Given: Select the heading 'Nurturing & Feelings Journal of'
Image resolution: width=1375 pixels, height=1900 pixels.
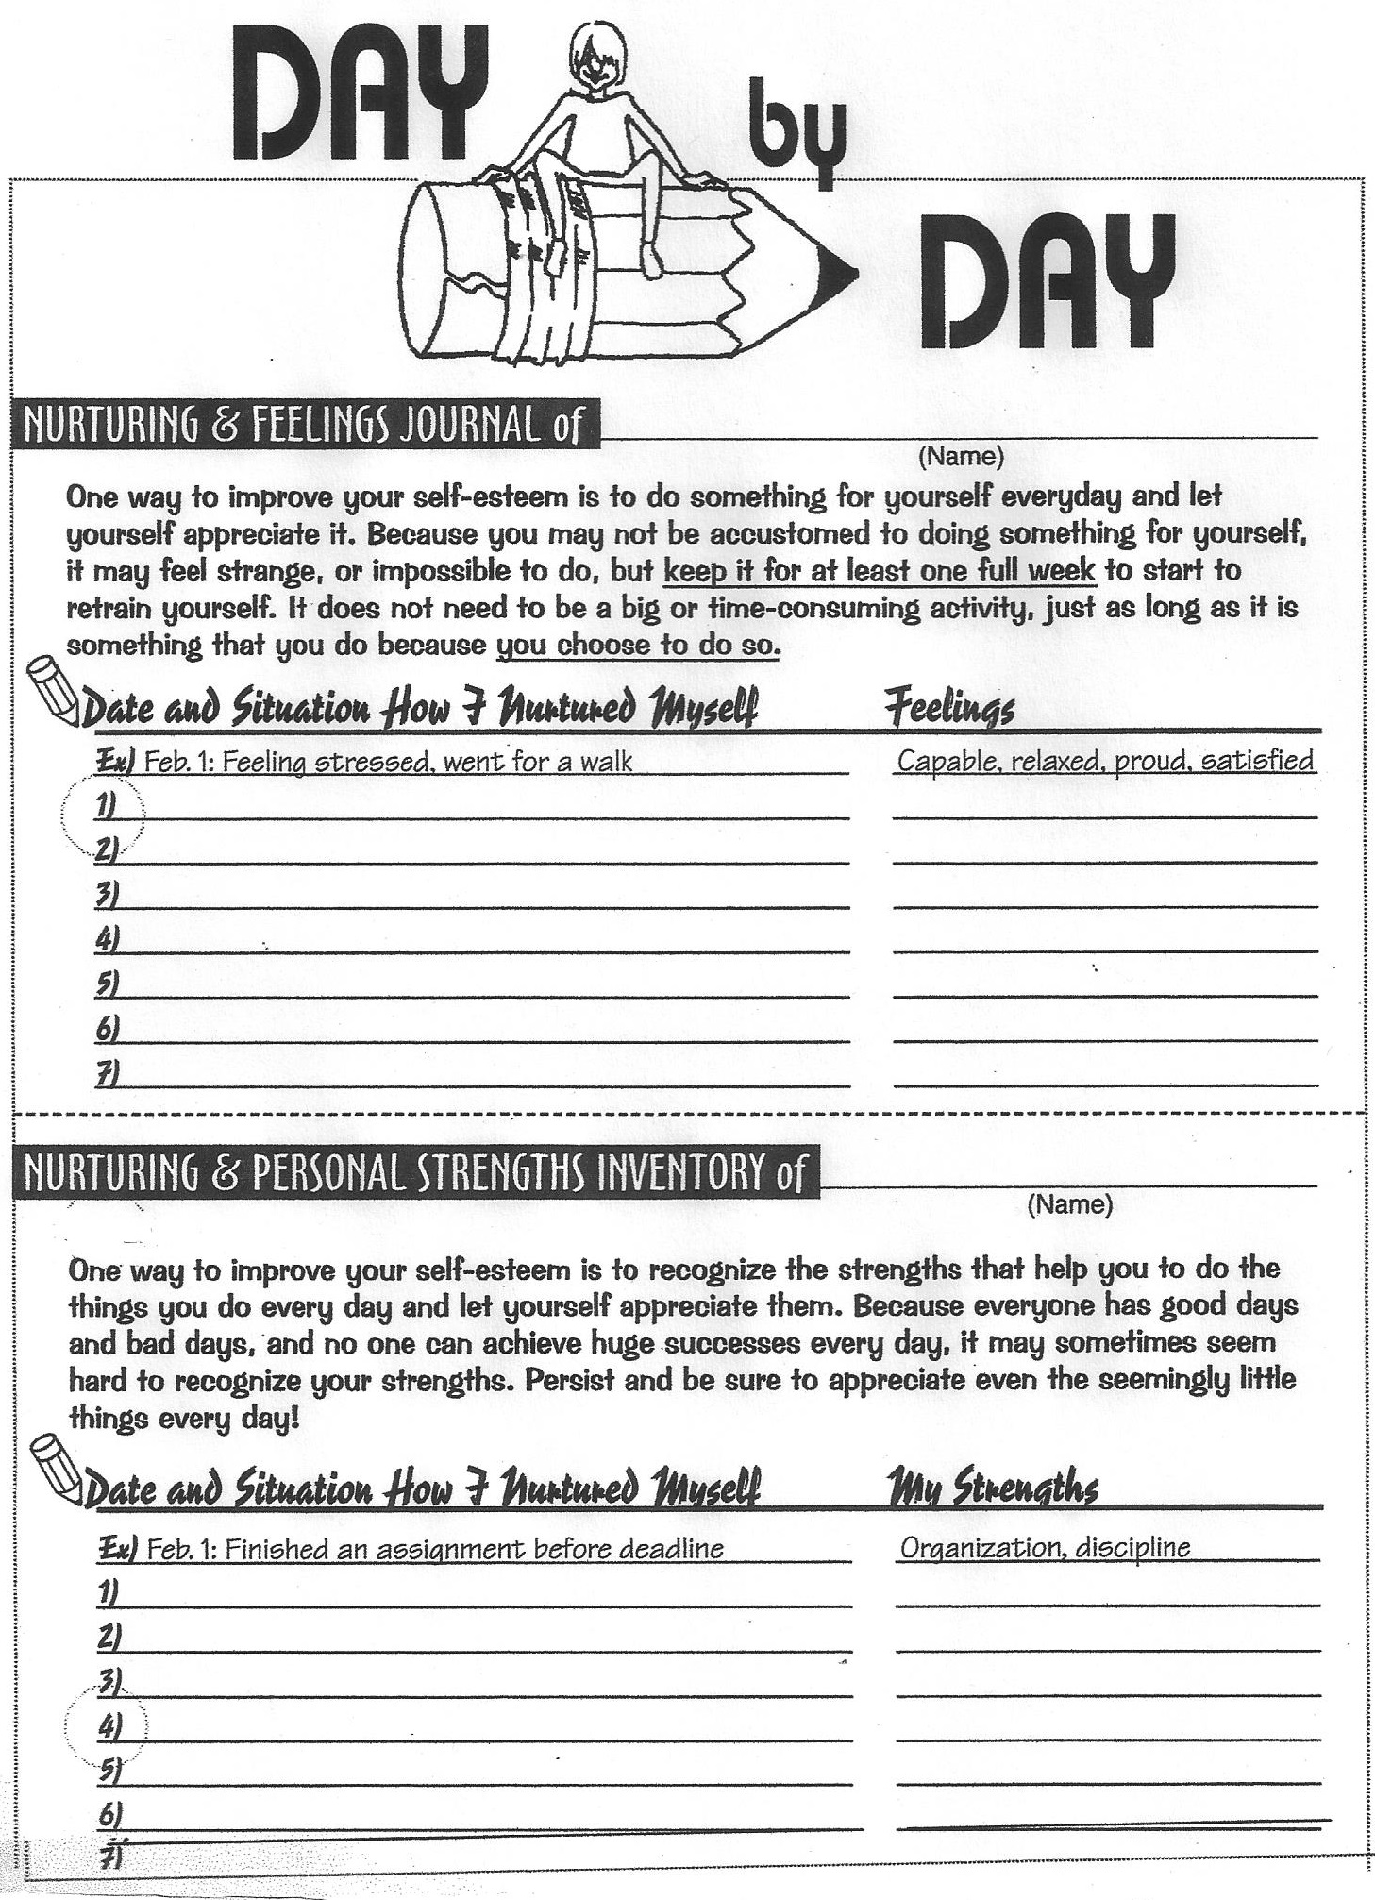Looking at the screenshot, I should pyautogui.click(x=302, y=427).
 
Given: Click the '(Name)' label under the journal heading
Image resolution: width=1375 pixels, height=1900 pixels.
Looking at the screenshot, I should pyautogui.click(x=961, y=457).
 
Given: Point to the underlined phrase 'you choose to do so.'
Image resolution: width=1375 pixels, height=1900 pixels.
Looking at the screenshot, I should pyautogui.click(x=638, y=646).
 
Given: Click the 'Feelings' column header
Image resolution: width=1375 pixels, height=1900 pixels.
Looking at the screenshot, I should pyautogui.click(x=950, y=709).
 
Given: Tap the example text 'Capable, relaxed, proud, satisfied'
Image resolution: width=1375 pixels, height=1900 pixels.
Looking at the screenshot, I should pyautogui.click(x=1104, y=761).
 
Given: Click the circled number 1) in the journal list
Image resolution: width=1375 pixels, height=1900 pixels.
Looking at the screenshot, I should pyautogui.click(x=105, y=807).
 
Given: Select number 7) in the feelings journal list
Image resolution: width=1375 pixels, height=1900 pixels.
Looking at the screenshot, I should pyautogui.click(x=106, y=1073).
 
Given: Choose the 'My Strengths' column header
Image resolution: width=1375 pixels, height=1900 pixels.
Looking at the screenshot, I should pyautogui.click(x=993, y=1488).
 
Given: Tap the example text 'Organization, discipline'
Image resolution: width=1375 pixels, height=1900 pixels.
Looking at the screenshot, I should pyautogui.click(x=1045, y=1549).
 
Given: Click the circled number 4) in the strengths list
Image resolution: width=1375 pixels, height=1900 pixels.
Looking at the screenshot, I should pyautogui.click(x=109, y=1727).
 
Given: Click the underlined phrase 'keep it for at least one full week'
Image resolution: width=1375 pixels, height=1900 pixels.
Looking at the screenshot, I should pyautogui.click(x=880, y=571).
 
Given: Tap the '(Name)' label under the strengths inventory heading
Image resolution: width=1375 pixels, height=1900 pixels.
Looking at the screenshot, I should pyautogui.click(x=1069, y=1204).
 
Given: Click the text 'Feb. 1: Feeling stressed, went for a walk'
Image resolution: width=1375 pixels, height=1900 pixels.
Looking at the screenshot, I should pyautogui.click(x=387, y=762).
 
